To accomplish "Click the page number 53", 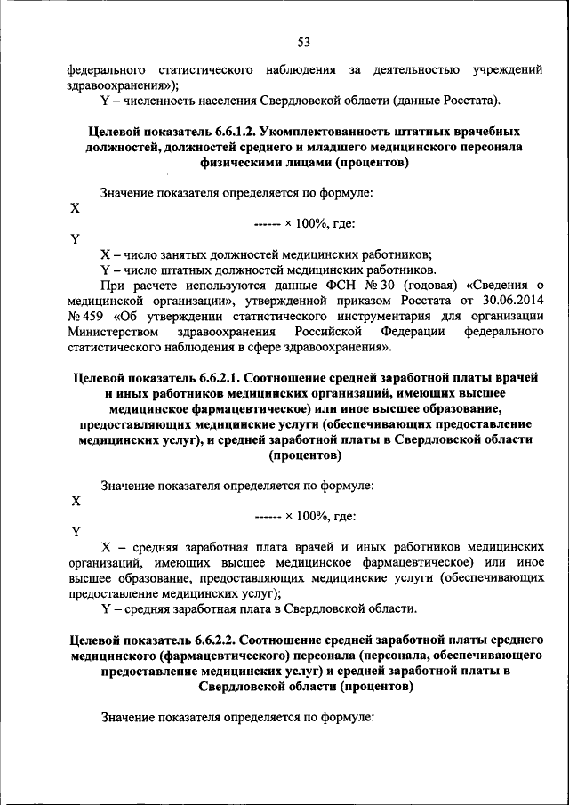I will tap(304, 42).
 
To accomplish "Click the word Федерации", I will tap(410, 332).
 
